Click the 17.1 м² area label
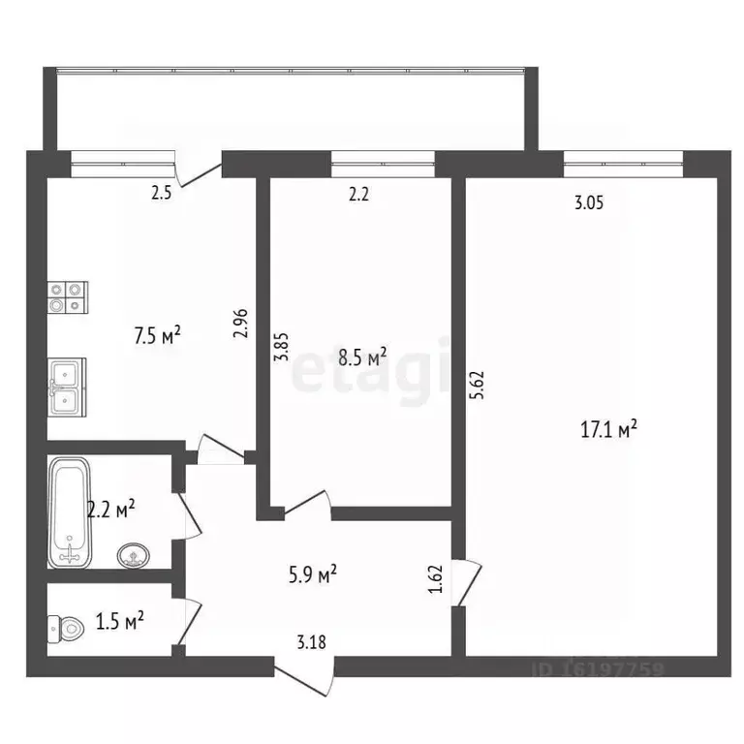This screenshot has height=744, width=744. (608, 428)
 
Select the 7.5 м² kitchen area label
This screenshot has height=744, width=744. (158, 336)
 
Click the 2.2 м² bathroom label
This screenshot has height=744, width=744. (110, 508)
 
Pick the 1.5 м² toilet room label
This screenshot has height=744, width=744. (120, 619)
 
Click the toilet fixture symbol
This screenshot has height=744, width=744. (66, 629)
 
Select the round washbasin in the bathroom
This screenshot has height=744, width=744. (133, 556)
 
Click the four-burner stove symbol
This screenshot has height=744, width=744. (68, 296)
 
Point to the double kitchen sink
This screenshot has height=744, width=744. (68, 386)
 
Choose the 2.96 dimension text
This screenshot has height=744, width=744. (242, 323)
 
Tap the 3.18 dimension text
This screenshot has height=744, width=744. (311, 640)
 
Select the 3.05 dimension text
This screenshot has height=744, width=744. (589, 203)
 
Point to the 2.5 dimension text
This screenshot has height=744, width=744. (162, 193)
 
